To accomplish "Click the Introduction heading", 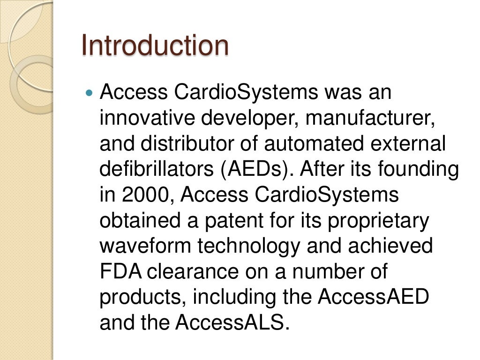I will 155,46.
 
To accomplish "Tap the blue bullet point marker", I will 90,93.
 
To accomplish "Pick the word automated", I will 310,144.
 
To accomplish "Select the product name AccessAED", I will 373,297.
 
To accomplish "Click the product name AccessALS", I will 230,322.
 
